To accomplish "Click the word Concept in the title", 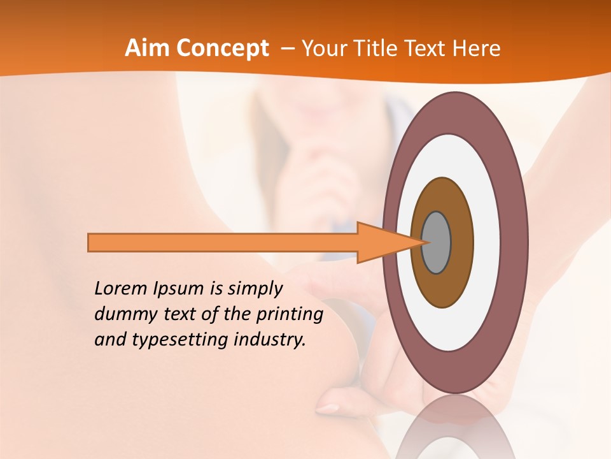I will click(223, 48).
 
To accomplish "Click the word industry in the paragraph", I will click(269, 340).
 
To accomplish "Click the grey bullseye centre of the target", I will click(436, 242).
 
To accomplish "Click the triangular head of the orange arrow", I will click(382, 243).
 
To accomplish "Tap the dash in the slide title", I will click(287, 48).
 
